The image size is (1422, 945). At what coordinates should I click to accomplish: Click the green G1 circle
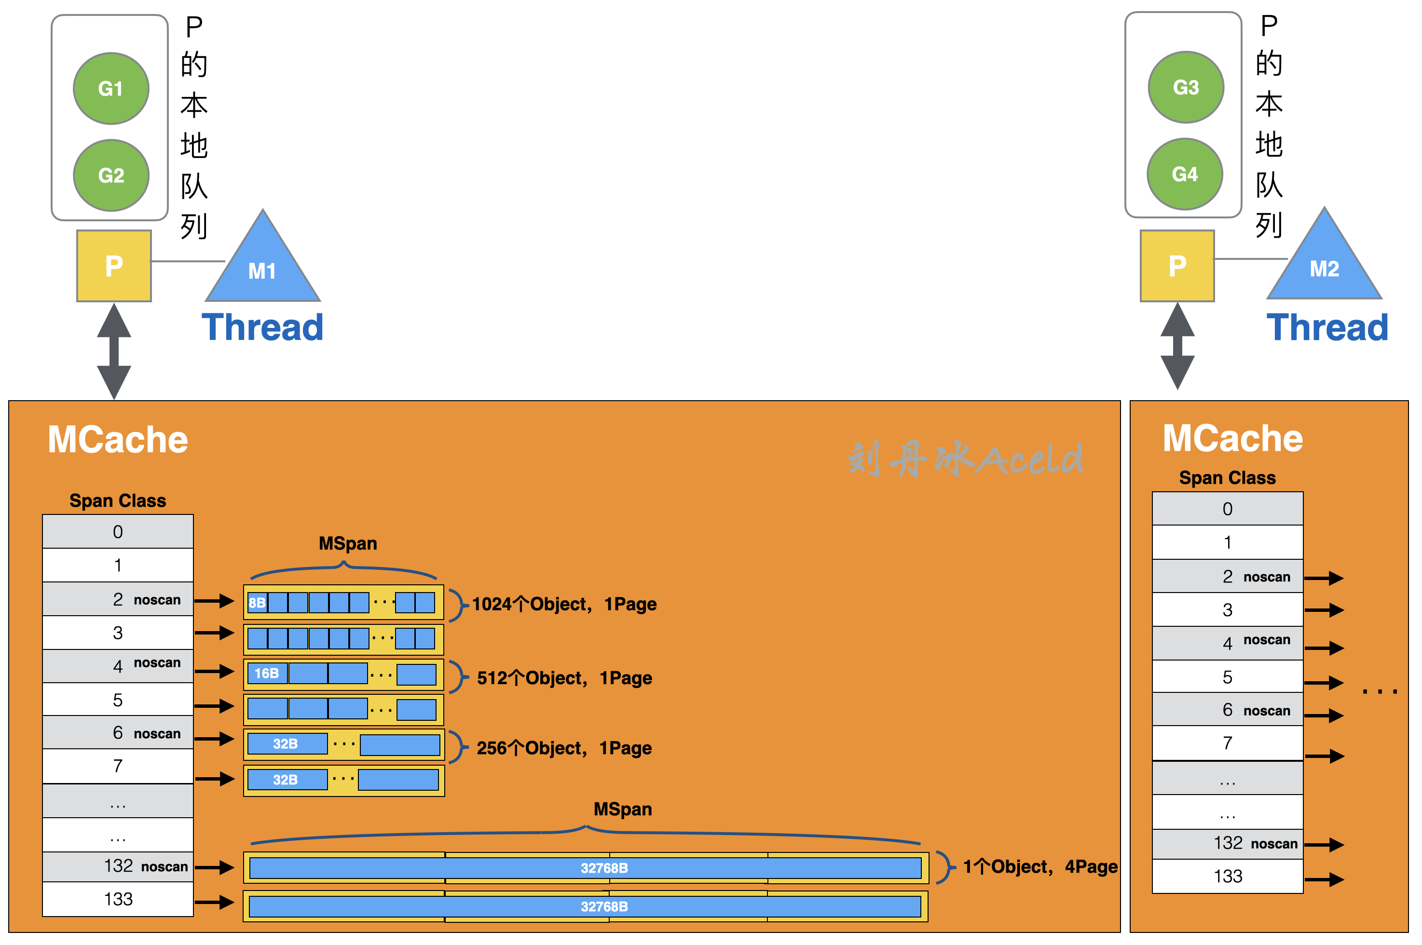[111, 89]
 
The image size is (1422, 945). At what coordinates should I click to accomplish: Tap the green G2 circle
[111, 175]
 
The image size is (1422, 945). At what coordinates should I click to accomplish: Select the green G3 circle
[1186, 87]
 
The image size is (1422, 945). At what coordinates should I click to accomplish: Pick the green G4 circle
[1185, 174]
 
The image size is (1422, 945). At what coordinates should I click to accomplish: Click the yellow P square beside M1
[114, 266]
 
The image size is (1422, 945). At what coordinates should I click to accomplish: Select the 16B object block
[266, 673]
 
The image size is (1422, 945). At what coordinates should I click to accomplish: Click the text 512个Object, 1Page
[564, 678]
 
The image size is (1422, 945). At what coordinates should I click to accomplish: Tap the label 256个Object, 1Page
[564, 748]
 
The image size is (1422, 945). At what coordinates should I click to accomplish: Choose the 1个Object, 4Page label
[1040, 867]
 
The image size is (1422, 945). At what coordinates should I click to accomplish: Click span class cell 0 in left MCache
[118, 531]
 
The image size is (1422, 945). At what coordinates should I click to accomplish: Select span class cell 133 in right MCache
[1227, 876]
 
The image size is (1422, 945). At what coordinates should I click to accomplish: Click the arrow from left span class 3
[214, 633]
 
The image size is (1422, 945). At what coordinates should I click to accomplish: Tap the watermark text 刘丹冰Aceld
[964, 459]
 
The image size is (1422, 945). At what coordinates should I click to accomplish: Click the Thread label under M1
[262, 327]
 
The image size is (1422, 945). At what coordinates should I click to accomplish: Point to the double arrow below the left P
[114, 351]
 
